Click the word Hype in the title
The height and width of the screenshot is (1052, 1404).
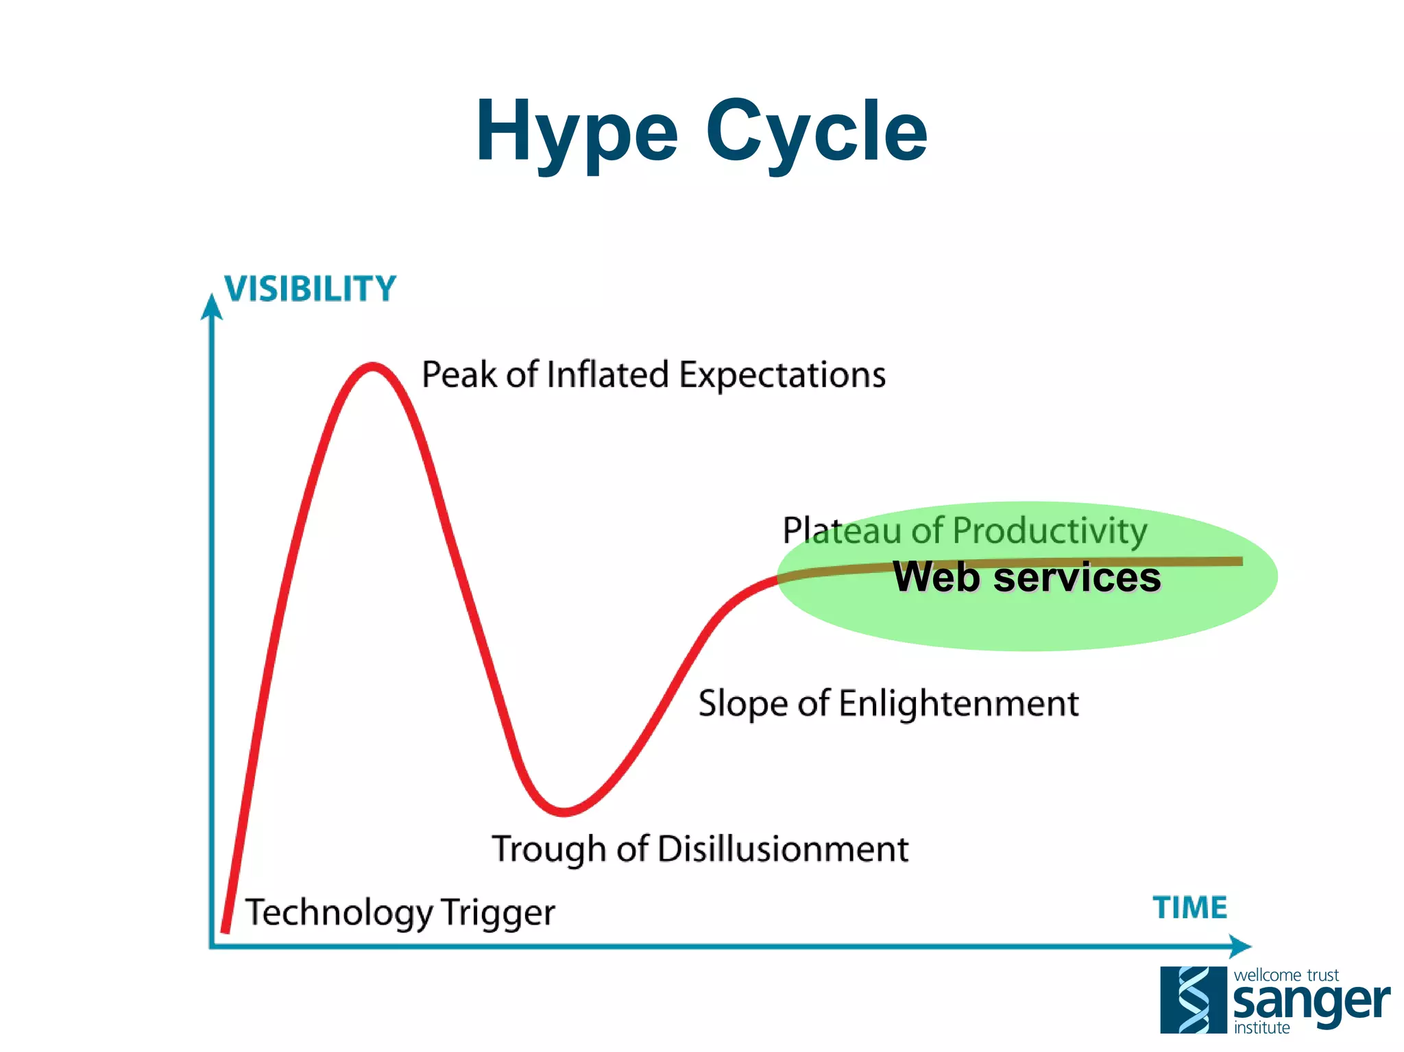pos(577,132)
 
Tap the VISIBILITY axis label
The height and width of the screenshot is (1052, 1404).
pos(311,289)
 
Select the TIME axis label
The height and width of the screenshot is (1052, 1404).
pos(1190,908)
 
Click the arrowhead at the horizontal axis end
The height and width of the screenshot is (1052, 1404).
pos(1240,946)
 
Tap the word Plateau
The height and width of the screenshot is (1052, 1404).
pos(841,531)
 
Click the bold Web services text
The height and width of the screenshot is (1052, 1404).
pos(1027,577)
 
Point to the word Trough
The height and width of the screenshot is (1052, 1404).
pos(549,850)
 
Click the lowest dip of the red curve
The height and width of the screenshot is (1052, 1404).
pos(564,812)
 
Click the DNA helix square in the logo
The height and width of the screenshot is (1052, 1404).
pos(1193,1000)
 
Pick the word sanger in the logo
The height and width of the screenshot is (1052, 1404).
pos(1311,1003)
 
